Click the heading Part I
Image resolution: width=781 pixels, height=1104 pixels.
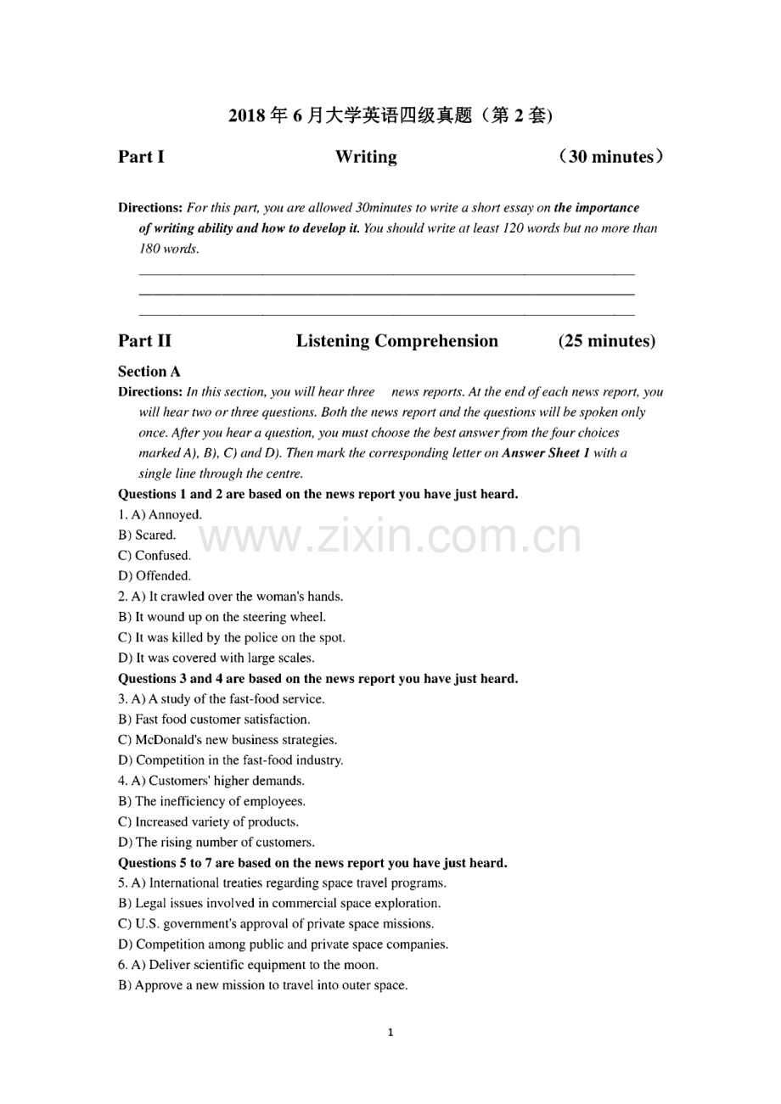(141, 157)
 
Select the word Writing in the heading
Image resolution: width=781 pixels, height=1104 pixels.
(366, 157)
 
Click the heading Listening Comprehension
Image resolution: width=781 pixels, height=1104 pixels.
(397, 341)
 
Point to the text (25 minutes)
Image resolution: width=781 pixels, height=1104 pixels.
(606, 341)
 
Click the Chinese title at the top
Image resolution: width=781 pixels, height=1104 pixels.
(390, 115)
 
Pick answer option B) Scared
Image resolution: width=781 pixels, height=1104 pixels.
(148, 535)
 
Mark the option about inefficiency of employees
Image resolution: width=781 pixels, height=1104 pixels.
(212, 801)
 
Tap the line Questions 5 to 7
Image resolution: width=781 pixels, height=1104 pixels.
(312, 863)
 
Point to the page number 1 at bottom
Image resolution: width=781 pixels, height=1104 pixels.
(390, 1033)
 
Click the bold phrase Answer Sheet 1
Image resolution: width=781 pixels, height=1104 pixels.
(547, 453)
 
